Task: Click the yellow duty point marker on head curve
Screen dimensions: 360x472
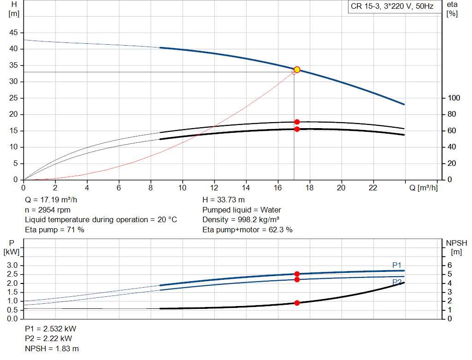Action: [297, 70]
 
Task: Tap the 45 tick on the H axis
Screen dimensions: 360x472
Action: [14, 33]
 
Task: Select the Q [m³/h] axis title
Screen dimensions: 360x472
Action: [423, 188]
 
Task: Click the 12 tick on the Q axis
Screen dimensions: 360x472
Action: [214, 188]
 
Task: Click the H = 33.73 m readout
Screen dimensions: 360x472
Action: [224, 200]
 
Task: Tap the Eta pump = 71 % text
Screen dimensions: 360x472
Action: [54, 229]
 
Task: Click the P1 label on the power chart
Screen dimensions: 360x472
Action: [397, 265]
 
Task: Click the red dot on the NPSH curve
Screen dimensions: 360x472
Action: [297, 303]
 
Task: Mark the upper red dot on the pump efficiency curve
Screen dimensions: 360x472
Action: [297, 122]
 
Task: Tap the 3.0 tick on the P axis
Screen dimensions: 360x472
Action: [12, 266]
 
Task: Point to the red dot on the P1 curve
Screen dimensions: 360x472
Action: [297, 274]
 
